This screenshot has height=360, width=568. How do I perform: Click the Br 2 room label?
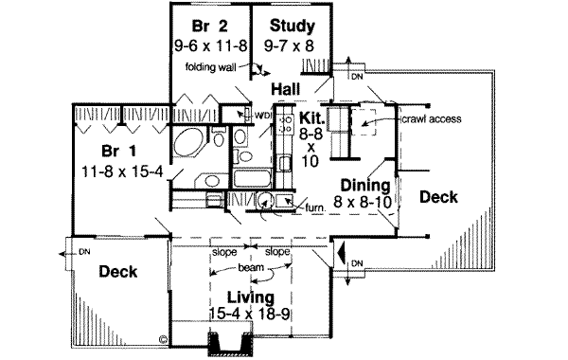click(x=210, y=27)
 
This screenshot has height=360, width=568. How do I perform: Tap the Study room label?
click(x=293, y=27)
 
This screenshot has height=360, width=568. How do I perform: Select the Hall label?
click(x=286, y=89)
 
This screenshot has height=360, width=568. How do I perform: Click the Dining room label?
click(x=365, y=186)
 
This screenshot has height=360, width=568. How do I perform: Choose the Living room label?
click(x=251, y=297)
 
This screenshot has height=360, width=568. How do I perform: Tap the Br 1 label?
click(x=119, y=151)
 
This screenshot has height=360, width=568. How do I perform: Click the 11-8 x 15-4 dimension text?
click(x=122, y=171)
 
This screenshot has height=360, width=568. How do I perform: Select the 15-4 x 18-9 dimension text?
click(x=250, y=314)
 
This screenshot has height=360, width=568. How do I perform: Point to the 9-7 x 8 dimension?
click(x=289, y=46)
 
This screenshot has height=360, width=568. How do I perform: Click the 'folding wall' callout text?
click(x=210, y=67)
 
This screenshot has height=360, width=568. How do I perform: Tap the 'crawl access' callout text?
click(x=432, y=119)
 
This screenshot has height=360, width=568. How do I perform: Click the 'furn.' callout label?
click(x=316, y=208)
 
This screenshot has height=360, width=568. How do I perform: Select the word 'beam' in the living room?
click(x=251, y=267)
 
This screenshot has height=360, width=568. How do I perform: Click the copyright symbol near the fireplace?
click(x=164, y=340)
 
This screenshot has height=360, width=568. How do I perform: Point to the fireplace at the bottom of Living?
click(x=230, y=344)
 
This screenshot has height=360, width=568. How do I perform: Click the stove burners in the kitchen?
click(x=286, y=123)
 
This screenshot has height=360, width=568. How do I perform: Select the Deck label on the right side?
click(x=438, y=197)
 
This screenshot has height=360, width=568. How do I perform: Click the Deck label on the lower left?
click(x=118, y=272)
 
